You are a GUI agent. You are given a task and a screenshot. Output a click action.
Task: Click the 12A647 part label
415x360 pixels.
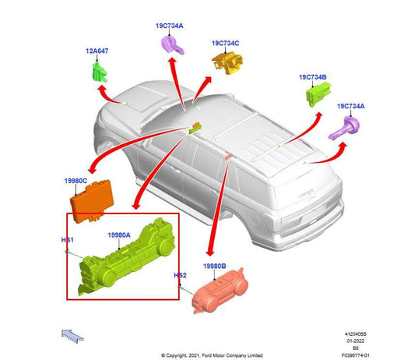(97, 51)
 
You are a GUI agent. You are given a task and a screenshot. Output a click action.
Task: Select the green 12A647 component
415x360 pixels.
(100, 72)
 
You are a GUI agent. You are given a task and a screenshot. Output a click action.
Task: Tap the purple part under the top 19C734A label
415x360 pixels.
(172, 44)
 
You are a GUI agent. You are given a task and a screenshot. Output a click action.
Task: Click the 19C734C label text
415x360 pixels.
(225, 43)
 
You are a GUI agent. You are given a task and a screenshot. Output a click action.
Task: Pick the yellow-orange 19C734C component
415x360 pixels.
(227, 63)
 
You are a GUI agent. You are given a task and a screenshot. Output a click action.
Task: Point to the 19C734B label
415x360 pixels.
(312, 77)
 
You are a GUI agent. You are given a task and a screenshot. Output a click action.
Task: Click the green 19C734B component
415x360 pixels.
(318, 94)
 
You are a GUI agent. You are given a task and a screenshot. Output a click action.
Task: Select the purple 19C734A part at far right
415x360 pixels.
(344, 129)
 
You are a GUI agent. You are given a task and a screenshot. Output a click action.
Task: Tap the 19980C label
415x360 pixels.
(76, 181)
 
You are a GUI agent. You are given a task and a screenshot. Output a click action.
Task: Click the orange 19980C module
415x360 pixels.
(92, 201)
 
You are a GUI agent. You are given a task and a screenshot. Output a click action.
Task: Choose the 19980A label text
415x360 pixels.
(119, 235)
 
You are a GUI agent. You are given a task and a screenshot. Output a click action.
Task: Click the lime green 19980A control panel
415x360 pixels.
(126, 258)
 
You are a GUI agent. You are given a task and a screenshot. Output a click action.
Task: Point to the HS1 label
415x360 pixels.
(67, 240)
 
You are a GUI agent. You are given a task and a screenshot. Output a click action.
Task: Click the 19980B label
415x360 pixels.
(214, 266)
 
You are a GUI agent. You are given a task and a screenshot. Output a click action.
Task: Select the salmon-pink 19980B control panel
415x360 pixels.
(220, 291)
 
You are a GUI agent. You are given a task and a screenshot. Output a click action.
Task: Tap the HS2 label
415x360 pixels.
(180, 276)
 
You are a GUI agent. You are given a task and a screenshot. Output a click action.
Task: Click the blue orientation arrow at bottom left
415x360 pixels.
(72, 336)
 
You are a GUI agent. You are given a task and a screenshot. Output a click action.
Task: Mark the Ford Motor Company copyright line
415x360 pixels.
(212, 355)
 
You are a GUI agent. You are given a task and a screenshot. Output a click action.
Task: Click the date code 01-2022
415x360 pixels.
(356, 341)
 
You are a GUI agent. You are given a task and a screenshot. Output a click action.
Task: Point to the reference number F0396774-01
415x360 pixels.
(355, 355)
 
